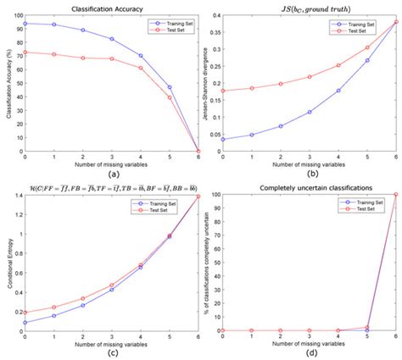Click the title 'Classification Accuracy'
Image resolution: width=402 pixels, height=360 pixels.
point(100,7)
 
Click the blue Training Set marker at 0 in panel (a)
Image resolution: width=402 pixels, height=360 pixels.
point(25,24)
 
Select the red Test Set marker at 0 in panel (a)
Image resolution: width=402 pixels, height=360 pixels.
point(25,52)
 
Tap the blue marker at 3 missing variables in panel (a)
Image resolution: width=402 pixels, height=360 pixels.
point(112,39)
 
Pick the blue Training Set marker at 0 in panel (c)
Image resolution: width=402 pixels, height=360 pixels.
point(25,322)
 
